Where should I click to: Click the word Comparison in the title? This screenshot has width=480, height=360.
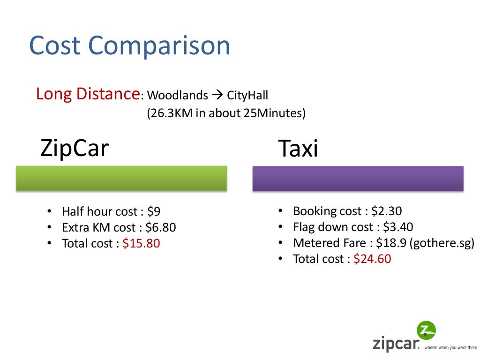pos(159,46)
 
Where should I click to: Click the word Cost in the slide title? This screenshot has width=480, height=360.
pos(56,45)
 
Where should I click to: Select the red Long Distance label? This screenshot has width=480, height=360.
pos(86,94)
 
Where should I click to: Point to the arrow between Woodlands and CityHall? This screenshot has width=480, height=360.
pos(217,96)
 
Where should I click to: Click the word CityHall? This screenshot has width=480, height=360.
pos(247,96)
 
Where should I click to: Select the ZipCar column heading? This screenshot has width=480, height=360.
pos(75,148)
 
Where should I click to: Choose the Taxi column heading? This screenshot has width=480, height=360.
pos(298,149)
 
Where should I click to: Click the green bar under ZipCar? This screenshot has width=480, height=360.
pos(121,178)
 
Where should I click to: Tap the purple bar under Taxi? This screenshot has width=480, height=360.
pos(358,178)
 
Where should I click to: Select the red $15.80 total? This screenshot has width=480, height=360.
pos(141,244)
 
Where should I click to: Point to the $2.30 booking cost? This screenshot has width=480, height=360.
pos(386,211)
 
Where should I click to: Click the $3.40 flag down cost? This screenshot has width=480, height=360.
pos(398,227)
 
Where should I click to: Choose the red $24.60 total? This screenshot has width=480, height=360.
pos(372,259)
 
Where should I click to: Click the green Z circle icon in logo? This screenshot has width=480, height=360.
pos(426,330)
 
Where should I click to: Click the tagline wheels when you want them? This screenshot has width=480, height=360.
pos(450,348)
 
